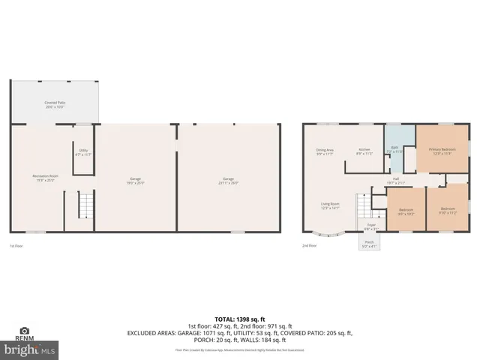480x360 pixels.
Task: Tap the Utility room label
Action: coord(83,152)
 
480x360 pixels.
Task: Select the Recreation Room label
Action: coord(45,178)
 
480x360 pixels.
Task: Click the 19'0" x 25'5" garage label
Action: coord(135,180)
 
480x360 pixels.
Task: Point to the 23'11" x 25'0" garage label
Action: coord(228,180)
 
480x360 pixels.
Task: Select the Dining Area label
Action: coord(325,151)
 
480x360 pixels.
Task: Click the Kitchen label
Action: coord(364,151)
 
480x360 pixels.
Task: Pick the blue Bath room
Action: coord(394,151)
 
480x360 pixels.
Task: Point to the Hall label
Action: coord(395,181)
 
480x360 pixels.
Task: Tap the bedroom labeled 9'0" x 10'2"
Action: coord(406,211)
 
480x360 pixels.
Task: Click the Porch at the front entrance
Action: coord(369,244)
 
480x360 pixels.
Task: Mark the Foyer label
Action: coord(370,226)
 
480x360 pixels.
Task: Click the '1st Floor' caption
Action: coord(16,246)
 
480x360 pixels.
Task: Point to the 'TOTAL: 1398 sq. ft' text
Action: coord(239,319)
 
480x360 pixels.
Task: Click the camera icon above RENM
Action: coord(25,331)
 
